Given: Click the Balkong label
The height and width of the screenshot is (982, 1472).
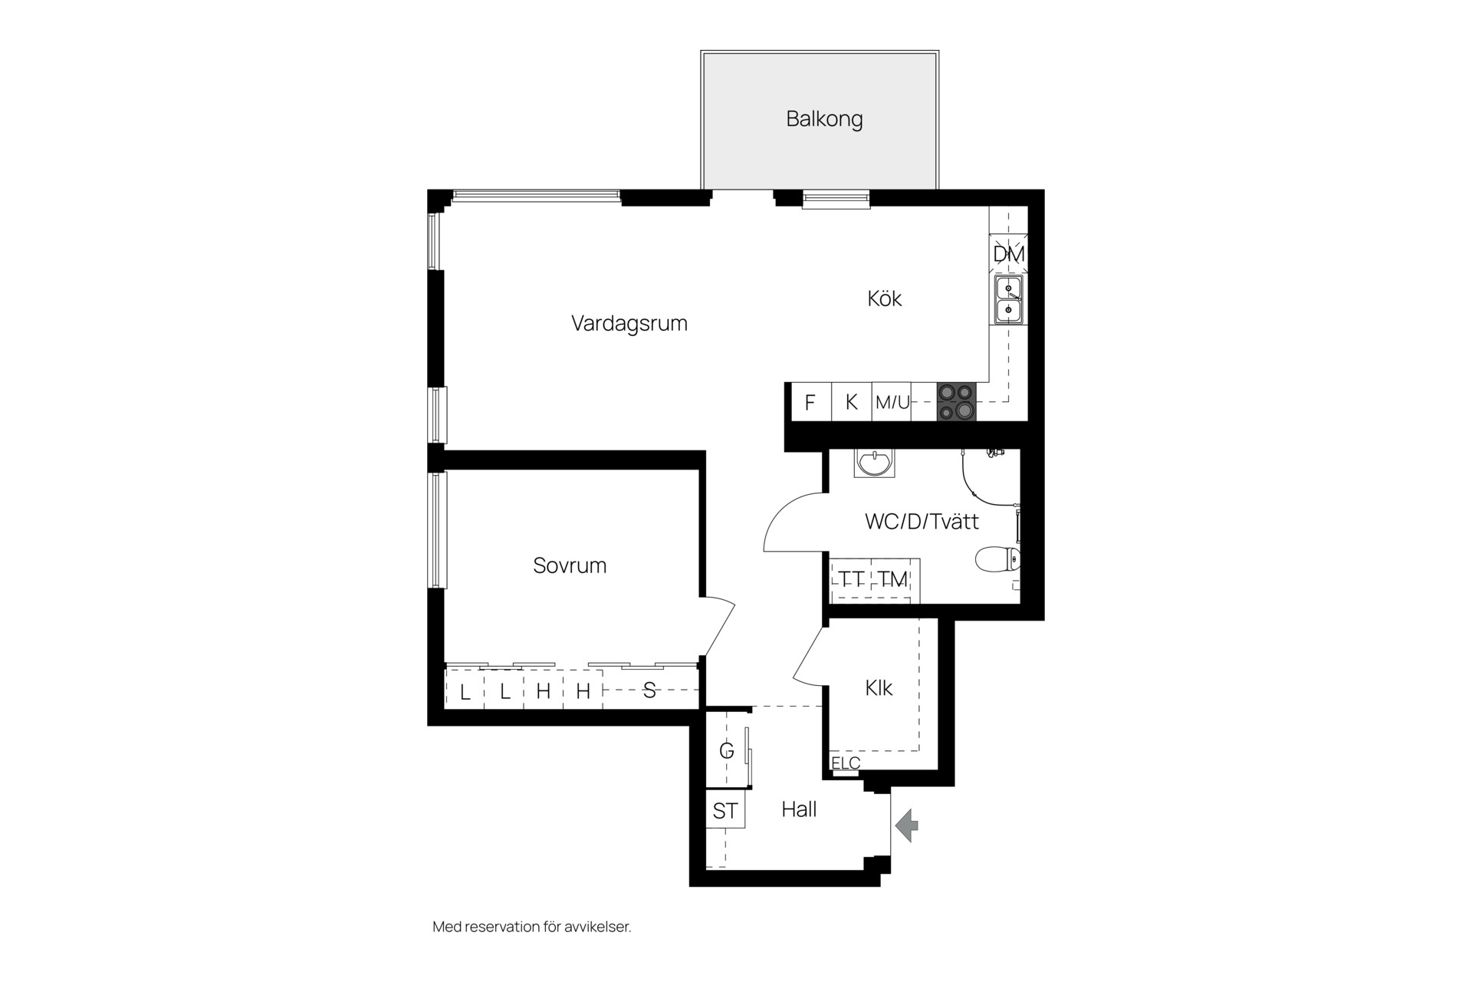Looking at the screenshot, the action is [x=824, y=120].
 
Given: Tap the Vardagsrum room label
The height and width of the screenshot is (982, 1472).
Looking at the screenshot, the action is [x=629, y=324].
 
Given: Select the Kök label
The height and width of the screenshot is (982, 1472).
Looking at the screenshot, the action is [x=884, y=298].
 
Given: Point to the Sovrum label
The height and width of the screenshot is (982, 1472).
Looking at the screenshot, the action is [x=570, y=565].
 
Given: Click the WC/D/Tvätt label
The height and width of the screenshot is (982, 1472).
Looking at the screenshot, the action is [x=922, y=522].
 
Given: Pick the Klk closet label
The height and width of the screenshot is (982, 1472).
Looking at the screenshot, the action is [x=879, y=688].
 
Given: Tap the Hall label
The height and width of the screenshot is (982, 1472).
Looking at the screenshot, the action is [x=799, y=809].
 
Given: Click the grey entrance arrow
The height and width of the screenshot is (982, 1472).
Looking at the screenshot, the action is [x=907, y=825].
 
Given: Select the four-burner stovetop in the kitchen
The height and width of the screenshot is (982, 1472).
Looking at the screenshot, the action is [x=957, y=402].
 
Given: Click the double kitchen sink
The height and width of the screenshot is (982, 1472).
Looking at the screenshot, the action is [x=1008, y=300].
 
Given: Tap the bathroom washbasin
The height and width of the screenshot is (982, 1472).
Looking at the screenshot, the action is [x=874, y=463].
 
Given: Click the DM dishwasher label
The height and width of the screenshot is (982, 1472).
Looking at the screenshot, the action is [x=1008, y=254].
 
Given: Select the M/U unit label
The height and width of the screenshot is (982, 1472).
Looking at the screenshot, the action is [x=892, y=402].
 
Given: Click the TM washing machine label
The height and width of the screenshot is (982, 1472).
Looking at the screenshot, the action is [x=892, y=579].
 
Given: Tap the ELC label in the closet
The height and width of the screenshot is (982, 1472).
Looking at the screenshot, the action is [x=846, y=763].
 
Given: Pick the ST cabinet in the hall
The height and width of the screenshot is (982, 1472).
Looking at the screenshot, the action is [x=725, y=809].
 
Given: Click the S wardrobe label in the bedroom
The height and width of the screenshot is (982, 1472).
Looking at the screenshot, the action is [x=649, y=691].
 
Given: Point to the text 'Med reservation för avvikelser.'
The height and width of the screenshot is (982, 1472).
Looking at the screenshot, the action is [x=532, y=927].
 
